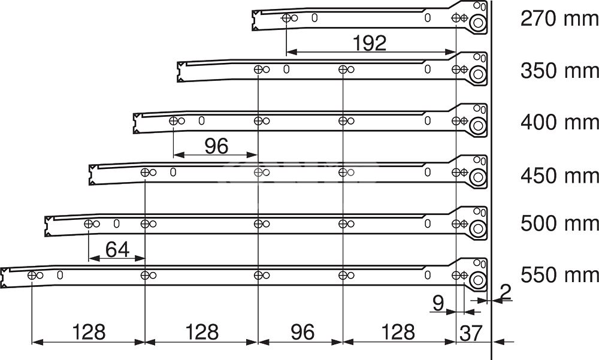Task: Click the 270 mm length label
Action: click(559, 18)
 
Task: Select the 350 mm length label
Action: click(559, 71)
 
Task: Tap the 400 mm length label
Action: click(559, 122)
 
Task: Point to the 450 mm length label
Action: click(559, 176)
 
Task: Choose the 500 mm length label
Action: click(559, 223)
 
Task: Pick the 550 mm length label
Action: click(559, 275)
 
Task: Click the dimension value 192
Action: click(370, 43)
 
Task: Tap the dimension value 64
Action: click(117, 250)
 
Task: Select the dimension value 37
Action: click(471, 333)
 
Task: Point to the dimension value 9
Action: click(438, 303)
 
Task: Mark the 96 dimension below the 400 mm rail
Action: click(216, 146)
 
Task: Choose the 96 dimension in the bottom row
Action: click(302, 332)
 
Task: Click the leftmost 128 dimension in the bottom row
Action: click(88, 332)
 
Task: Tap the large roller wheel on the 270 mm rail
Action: click(477, 23)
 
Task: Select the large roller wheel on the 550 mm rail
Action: click(477, 280)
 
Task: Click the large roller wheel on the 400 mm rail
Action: click(477, 126)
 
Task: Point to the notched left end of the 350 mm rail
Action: click(180, 72)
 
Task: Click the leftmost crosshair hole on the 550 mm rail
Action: click(32, 275)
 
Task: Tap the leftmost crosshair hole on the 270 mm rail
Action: click(286, 18)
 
